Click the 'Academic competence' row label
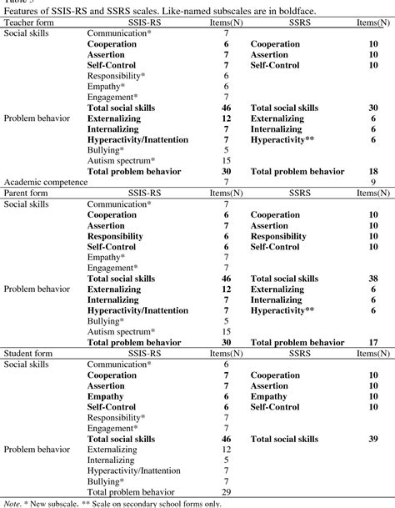(x=45, y=181)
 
